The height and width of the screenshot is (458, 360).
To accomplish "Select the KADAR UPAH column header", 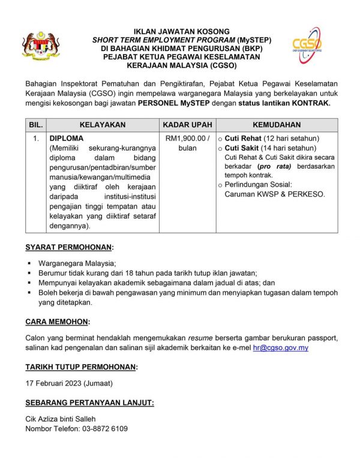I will [187, 125].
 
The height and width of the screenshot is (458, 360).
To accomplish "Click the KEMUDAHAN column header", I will [277, 125].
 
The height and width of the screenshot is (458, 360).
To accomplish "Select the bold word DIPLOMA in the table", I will [66, 138].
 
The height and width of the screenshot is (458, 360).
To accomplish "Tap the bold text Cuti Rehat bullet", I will [243, 138].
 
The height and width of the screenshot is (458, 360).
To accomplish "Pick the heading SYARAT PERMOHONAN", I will [69, 247].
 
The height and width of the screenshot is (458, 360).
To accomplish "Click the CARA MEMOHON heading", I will [58, 322].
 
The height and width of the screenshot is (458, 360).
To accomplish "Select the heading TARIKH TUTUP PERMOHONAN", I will [81, 366].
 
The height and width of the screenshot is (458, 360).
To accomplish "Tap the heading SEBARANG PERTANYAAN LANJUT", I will [89, 402].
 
